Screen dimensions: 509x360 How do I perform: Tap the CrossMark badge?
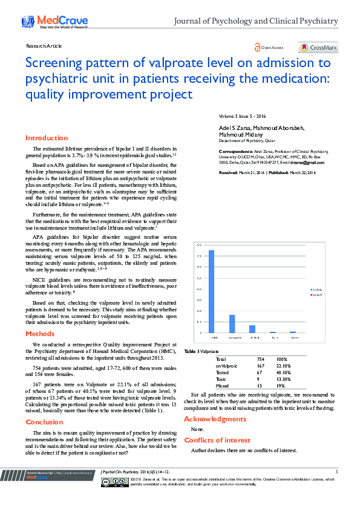(318, 48)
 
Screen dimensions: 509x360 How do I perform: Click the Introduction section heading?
(47, 138)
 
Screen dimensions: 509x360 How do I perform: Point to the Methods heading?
(40, 334)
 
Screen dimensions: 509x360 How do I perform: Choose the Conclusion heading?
(44, 422)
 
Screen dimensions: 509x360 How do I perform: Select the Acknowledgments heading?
(215, 419)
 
